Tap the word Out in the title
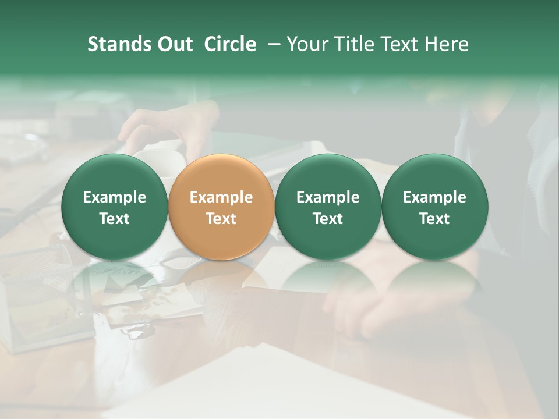174,44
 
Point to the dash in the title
271,45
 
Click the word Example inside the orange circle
221,197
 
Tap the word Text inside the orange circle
221,219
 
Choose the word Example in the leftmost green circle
115,197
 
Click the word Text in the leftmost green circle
115,219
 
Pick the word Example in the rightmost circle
435,197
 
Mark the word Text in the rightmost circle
435,219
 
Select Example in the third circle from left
328,197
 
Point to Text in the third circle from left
328,219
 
